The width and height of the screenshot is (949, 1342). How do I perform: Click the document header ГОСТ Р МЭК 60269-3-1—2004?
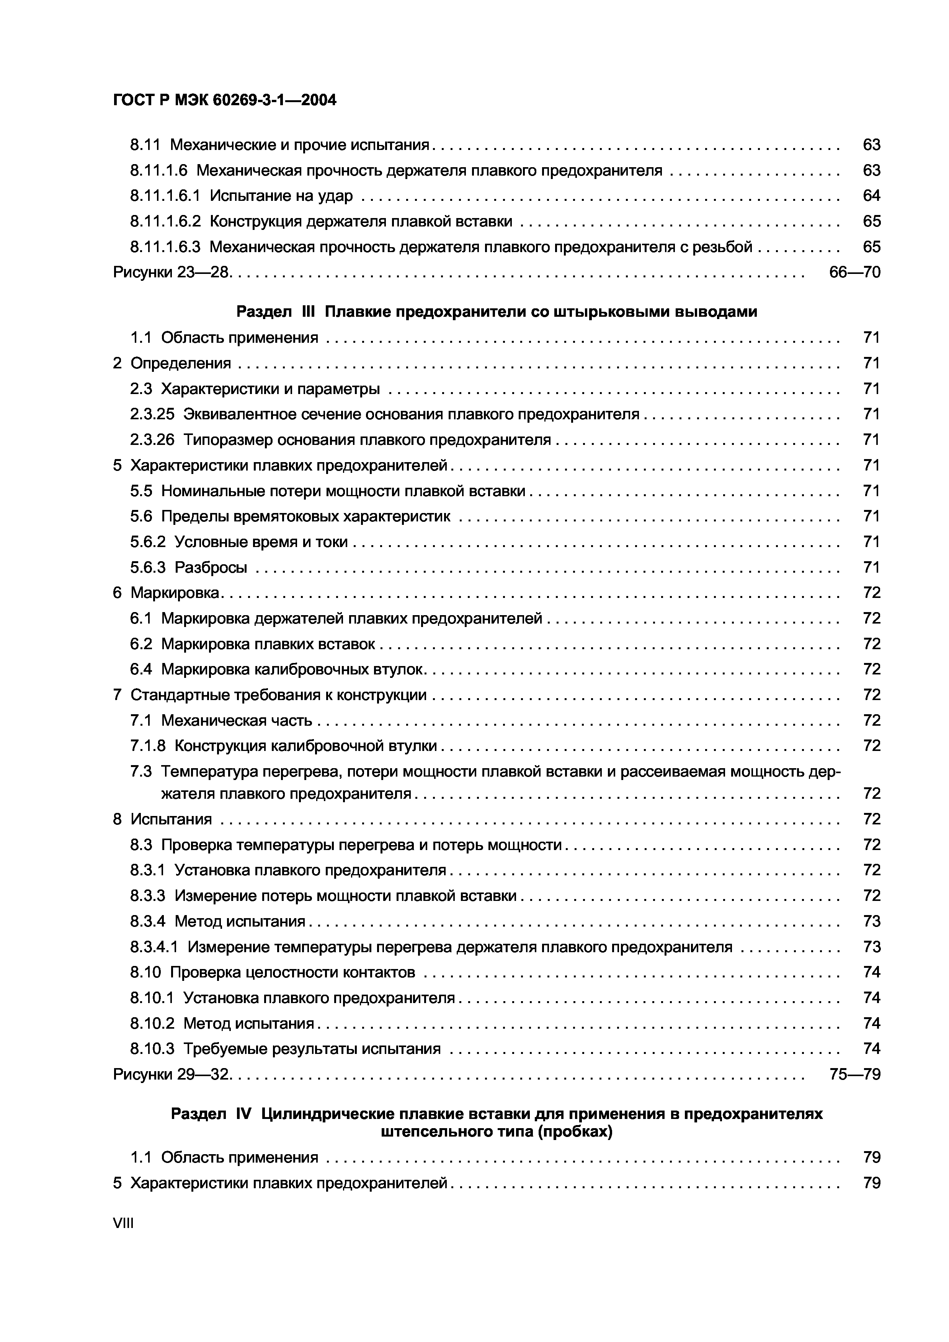click(225, 101)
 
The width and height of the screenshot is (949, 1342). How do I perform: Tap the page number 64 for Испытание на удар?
click(871, 196)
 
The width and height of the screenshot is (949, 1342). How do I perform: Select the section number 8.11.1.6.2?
click(165, 221)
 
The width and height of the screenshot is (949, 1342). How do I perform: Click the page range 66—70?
click(854, 272)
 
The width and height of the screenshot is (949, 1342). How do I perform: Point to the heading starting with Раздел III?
click(497, 312)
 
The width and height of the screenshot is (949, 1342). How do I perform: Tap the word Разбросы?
click(211, 568)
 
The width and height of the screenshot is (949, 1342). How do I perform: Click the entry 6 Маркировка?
click(167, 593)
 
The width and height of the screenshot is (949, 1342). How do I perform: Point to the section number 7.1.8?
click(148, 746)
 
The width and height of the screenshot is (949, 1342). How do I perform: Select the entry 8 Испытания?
click(163, 819)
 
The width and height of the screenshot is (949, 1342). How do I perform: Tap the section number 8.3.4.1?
click(154, 947)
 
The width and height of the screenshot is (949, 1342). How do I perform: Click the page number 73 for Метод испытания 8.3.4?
click(871, 922)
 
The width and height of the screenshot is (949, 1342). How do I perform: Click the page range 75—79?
click(854, 1074)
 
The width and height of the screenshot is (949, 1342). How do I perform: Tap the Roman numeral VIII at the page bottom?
click(123, 1223)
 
